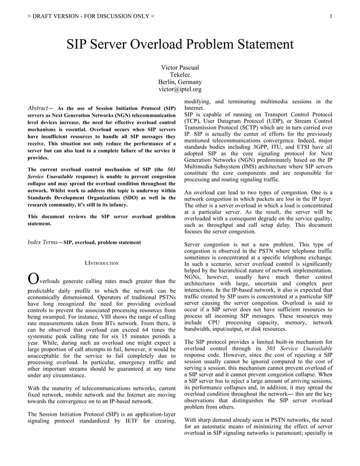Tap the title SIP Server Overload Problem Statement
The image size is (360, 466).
click(x=180, y=45)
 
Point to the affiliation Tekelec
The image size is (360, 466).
click(x=180, y=74)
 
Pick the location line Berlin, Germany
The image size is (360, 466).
click(x=180, y=82)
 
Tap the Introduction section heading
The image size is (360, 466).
click(x=102, y=263)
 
